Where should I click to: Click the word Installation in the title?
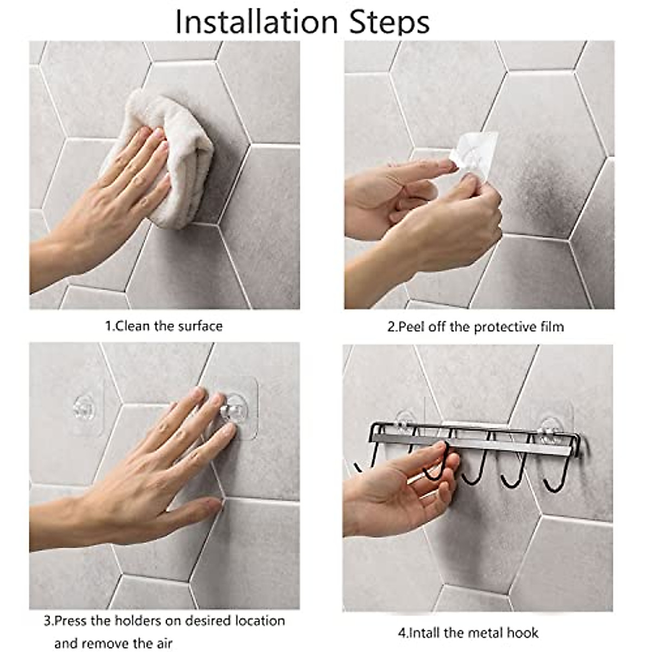(x=257, y=22)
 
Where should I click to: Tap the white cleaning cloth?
(x=162, y=155)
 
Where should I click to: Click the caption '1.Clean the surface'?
(x=164, y=326)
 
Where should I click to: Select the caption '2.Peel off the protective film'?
(x=475, y=327)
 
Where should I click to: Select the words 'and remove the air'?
(x=114, y=634)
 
